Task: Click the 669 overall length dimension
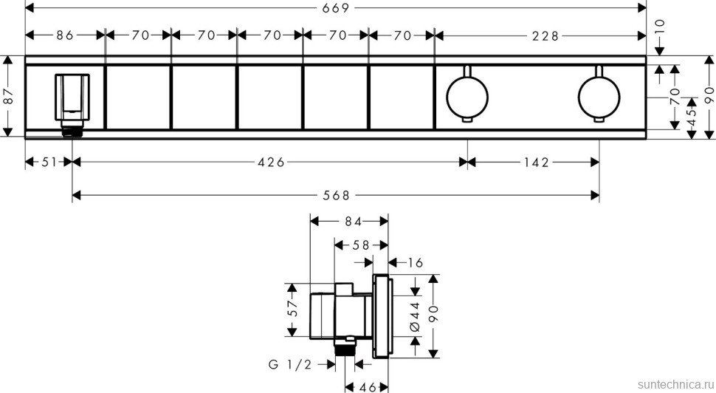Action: (336, 8)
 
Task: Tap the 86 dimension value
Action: (65, 35)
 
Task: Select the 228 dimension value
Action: (545, 35)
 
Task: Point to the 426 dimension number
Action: (271, 162)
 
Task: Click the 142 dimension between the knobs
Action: (537, 163)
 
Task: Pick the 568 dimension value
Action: (336, 196)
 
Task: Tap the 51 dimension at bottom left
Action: (49, 162)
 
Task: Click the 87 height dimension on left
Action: (8, 96)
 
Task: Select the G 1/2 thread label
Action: (290, 364)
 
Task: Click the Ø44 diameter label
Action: (415, 316)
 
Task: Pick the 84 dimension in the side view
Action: (353, 222)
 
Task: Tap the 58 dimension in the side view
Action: (361, 245)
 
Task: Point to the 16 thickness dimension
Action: (415, 263)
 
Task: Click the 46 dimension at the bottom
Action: (367, 388)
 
